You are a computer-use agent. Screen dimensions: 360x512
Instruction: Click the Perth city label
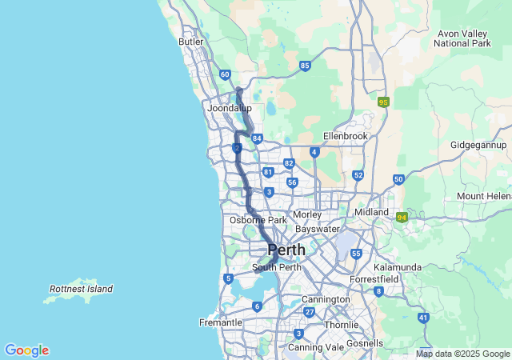tap(286, 250)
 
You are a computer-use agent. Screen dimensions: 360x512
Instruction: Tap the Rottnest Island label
tap(81, 289)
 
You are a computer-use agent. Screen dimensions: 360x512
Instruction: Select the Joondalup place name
tap(229, 108)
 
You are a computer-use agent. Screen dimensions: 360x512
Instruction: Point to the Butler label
tap(192, 42)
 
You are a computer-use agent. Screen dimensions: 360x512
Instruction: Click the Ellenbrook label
tap(345, 136)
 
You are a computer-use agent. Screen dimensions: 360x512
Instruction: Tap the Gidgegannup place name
tap(478, 146)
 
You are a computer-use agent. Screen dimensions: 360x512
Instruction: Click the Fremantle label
tap(220, 322)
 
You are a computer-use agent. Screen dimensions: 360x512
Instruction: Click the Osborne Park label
tap(258, 220)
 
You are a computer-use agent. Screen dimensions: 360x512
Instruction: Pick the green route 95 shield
tap(383, 102)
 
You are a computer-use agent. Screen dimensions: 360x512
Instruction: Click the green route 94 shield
tap(402, 216)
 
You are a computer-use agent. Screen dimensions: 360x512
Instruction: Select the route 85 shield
tap(305, 66)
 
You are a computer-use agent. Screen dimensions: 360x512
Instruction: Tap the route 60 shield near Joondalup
tap(225, 74)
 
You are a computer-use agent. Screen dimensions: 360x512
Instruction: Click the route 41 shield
tap(422, 318)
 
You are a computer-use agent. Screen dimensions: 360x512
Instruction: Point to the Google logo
tap(26, 350)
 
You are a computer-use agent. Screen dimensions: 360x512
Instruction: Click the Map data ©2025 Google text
tap(462, 354)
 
